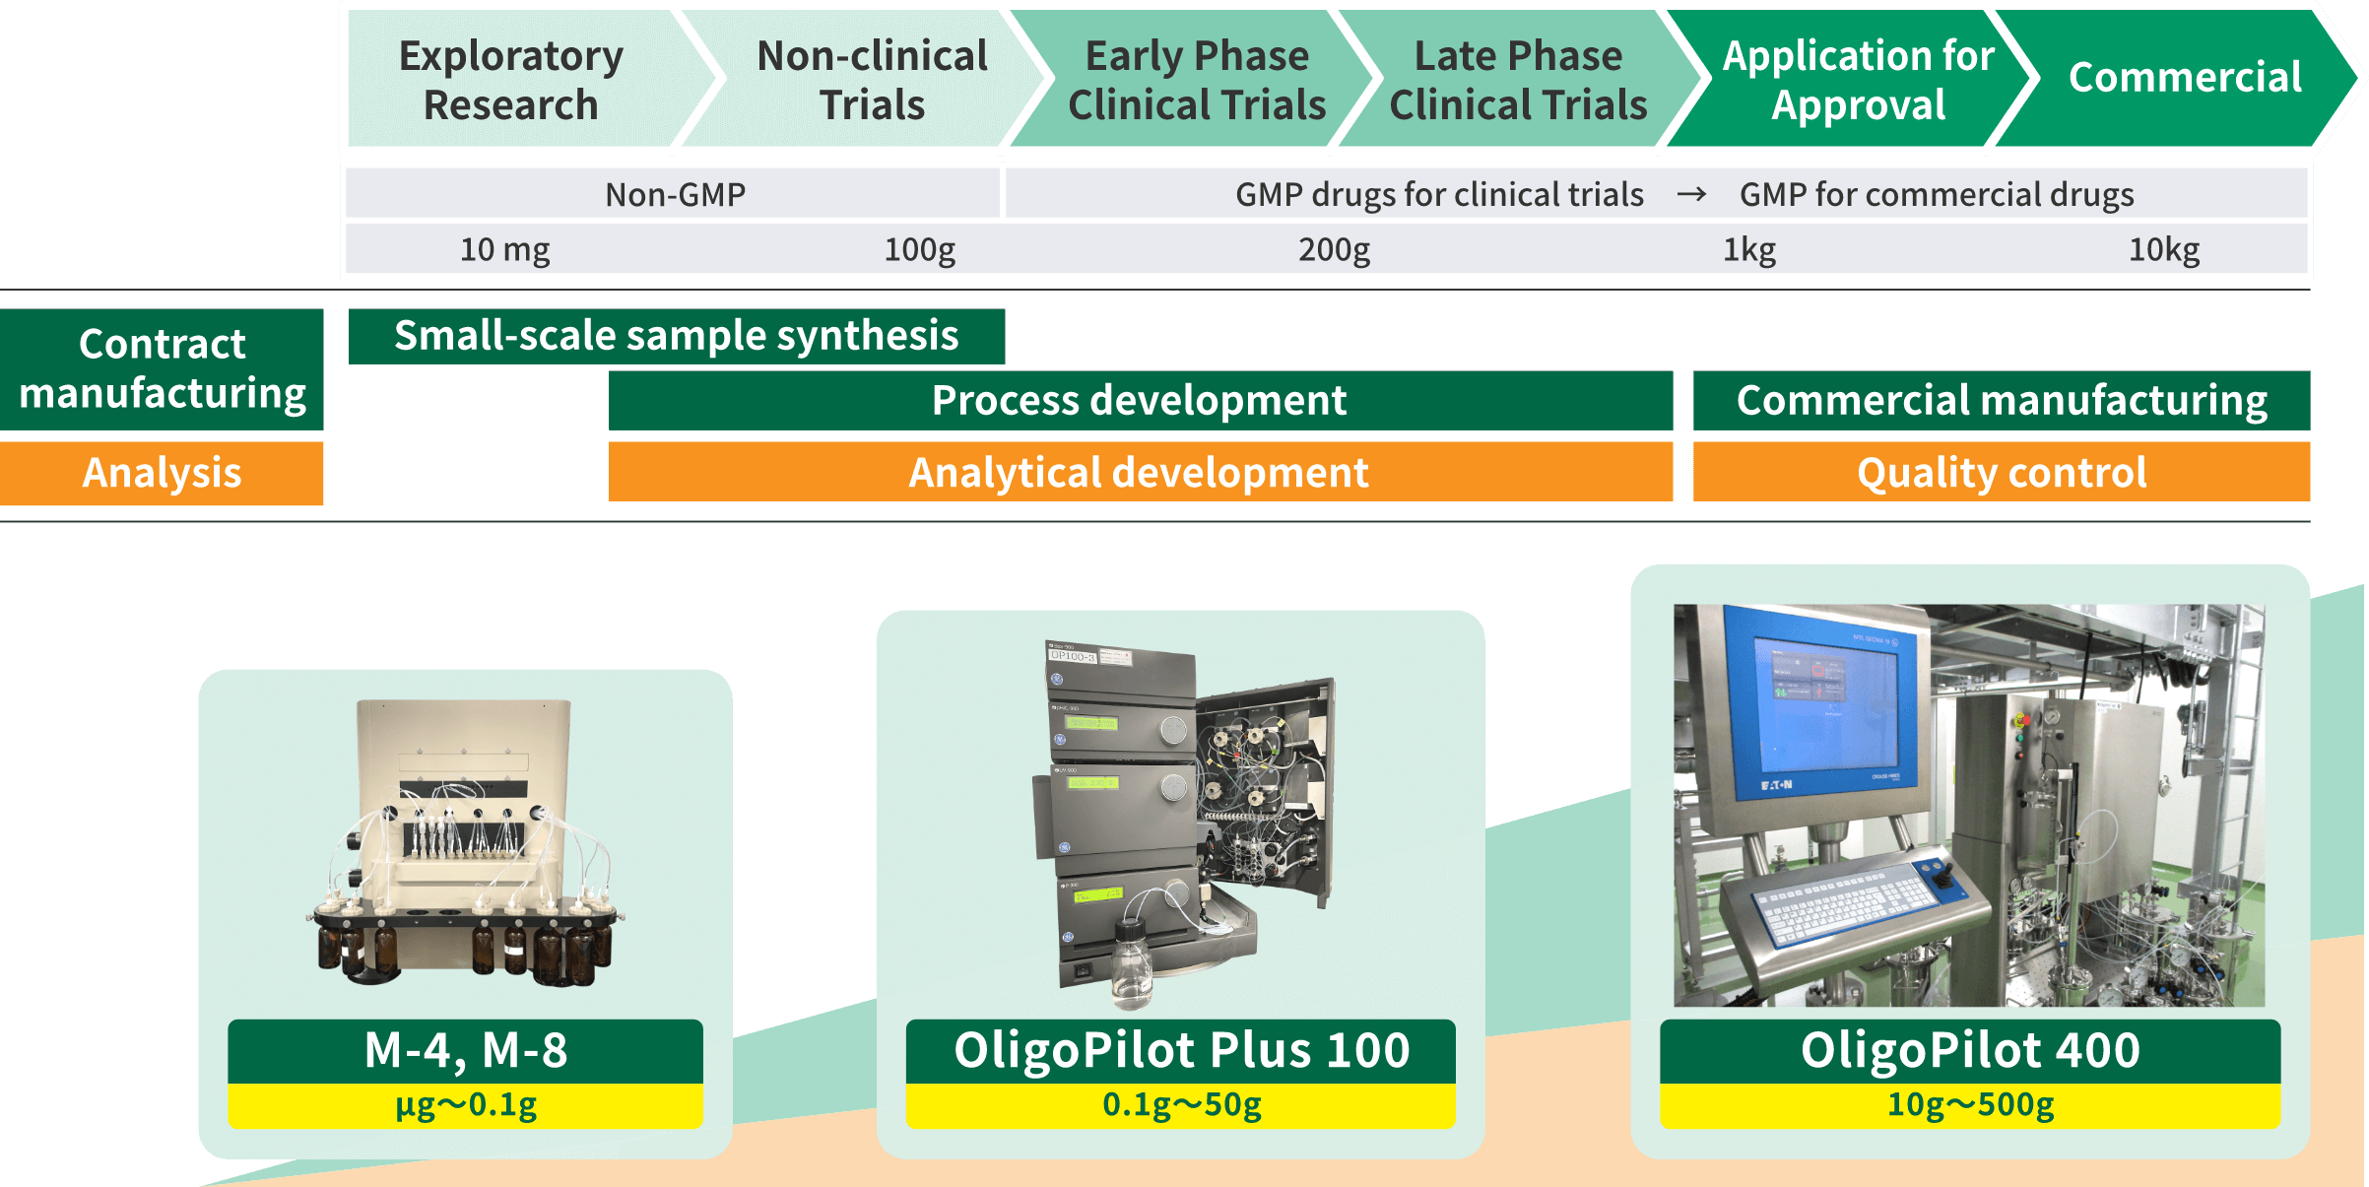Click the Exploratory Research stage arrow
click(x=510, y=80)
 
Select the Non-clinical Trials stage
click(x=872, y=80)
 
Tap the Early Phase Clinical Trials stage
click(x=1197, y=80)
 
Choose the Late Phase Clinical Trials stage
click(x=1518, y=80)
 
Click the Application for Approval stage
click(x=1858, y=80)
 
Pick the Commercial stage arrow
click(x=2185, y=78)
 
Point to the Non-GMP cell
click(x=675, y=194)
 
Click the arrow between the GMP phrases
click(x=1691, y=194)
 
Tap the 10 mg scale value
click(x=504, y=249)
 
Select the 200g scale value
click(x=1334, y=249)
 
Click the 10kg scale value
click(x=2163, y=249)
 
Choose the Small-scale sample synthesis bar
click(x=677, y=336)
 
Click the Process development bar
click(x=1140, y=400)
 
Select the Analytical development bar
click(x=1140, y=472)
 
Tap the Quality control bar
click(x=2002, y=472)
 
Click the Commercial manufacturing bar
click(x=2002, y=400)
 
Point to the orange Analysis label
click(x=162, y=473)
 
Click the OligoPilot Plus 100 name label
click(x=1181, y=1050)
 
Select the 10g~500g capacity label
click(x=1970, y=1105)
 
